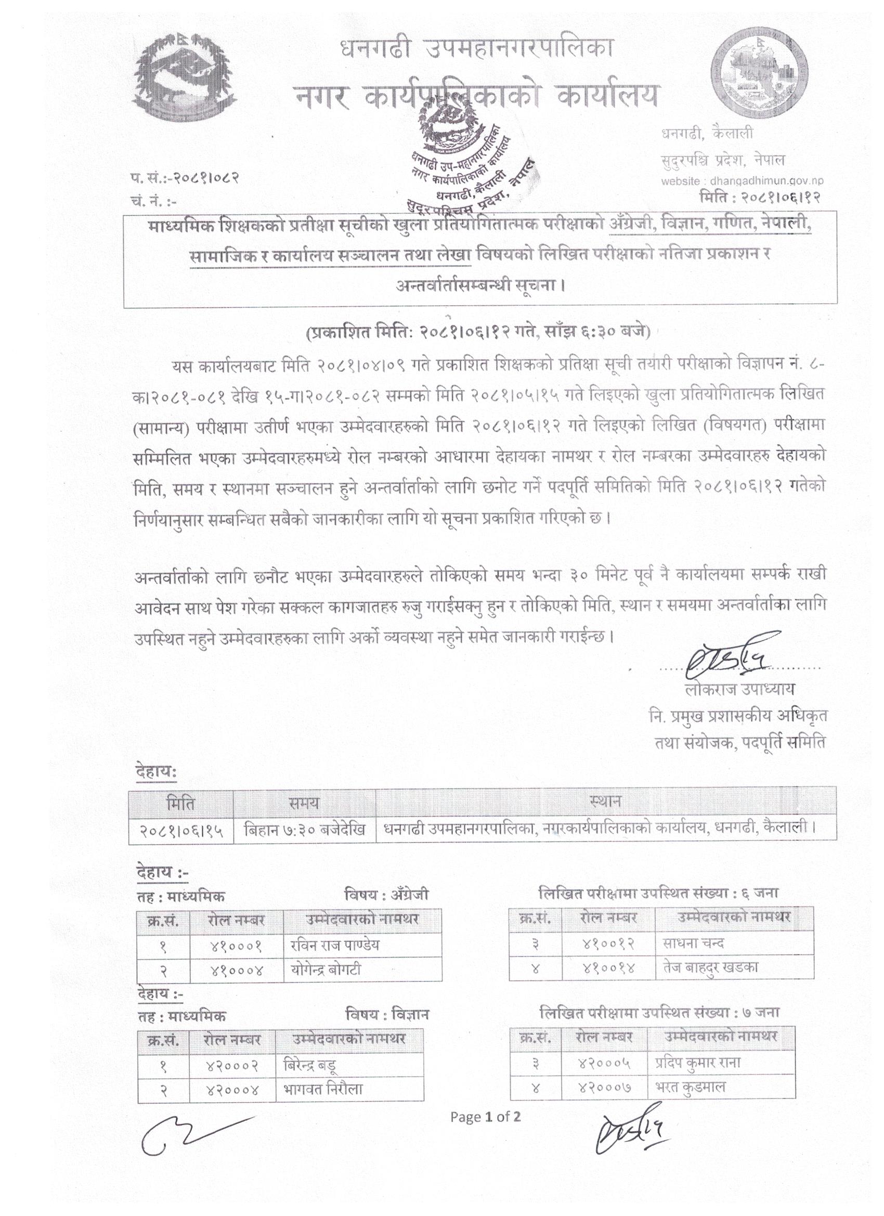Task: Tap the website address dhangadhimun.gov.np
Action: [x=743, y=182]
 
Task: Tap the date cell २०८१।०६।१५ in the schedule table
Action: [x=181, y=831]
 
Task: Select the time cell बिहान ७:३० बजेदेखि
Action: [x=305, y=831]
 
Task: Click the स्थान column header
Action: [x=605, y=803]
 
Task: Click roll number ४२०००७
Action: [x=604, y=1087]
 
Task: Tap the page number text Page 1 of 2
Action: [x=486, y=1117]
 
